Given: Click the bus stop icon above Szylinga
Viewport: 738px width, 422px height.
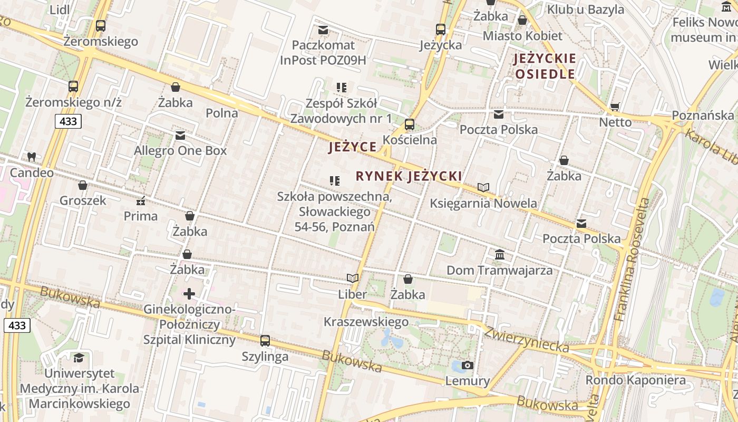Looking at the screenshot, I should [265, 341].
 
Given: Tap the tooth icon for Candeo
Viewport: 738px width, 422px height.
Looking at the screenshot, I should [31, 157].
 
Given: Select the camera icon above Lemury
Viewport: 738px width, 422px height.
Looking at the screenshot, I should [467, 365].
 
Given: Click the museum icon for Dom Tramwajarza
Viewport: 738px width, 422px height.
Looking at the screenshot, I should [500, 255].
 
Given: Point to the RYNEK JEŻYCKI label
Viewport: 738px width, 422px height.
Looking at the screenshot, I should [409, 176].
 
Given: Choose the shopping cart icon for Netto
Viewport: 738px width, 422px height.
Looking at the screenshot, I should [615, 107].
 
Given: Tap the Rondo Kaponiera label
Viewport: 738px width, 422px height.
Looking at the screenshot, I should [636, 380].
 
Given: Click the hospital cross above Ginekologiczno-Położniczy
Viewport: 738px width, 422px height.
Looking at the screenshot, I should [189, 293].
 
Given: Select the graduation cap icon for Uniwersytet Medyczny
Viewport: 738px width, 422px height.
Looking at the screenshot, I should [79, 358].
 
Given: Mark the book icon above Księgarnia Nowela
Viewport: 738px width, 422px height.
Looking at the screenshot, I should [483, 187].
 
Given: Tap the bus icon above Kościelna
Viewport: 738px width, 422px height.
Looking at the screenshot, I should [410, 124].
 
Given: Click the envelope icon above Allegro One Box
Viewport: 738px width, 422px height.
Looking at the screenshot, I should [180, 136].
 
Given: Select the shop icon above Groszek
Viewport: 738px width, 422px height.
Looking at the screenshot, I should [83, 185].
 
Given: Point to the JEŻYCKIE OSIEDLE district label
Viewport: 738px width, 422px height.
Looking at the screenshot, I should [545, 66].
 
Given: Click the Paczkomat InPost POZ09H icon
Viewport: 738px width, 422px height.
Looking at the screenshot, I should [323, 30].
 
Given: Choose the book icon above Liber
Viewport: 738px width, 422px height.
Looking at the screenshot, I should [353, 278].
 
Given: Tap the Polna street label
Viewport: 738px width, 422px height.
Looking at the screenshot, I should [222, 113].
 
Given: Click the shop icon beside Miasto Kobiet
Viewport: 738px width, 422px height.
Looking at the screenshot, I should [522, 21].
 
